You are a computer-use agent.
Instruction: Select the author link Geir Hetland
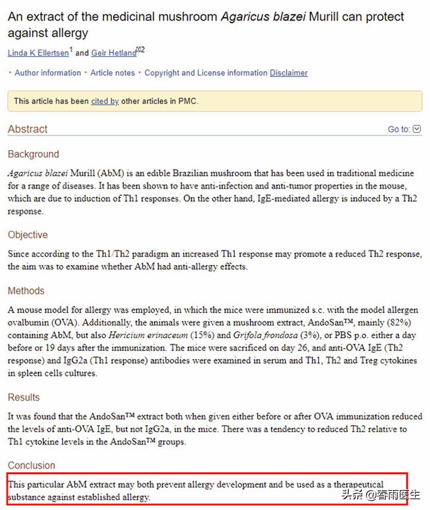pyautogui.click(x=113, y=53)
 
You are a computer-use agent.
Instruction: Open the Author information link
pyautogui.click(x=48, y=73)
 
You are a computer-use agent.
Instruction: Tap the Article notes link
pyautogui.click(x=112, y=73)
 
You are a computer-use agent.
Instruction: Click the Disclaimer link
pyautogui.click(x=288, y=73)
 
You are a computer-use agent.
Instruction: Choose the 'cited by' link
pyautogui.click(x=105, y=101)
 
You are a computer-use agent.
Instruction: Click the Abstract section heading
pyautogui.click(x=28, y=129)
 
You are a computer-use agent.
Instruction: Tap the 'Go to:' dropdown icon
pyautogui.click(x=417, y=129)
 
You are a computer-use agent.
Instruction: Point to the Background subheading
pyautogui.click(x=33, y=154)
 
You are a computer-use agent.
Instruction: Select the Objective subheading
pyautogui.click(x=28, y=235)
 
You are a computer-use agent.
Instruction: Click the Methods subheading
pyautogui.click(x=26, y=291)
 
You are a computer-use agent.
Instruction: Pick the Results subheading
pyautogui.click(x=24, y=398)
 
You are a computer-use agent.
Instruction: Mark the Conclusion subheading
pyautogui.click(x=31, y=465)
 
